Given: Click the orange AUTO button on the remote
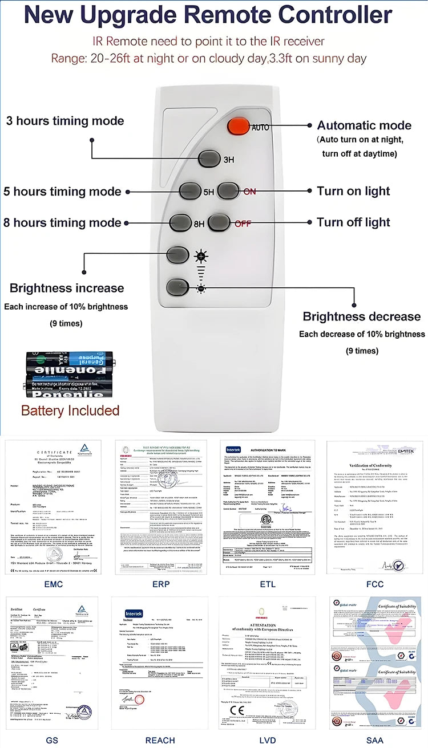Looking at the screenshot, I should point(238,126).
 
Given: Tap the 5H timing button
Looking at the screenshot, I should point(191,190).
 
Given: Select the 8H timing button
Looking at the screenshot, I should point(180,222).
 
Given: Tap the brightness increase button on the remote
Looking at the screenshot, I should point(177,254).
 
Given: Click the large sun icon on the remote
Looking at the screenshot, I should point(200,255).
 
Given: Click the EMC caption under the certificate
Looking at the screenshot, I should point(53,584).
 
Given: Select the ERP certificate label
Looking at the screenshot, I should point(160,584).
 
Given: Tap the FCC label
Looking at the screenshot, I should point(375,584).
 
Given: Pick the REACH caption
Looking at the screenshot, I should point(160,741).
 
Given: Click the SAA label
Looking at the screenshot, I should point(375,741).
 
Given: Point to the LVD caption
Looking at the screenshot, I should point(267,741).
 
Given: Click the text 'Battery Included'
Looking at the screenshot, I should point(70,410).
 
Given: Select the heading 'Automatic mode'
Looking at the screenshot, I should point(364,125).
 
